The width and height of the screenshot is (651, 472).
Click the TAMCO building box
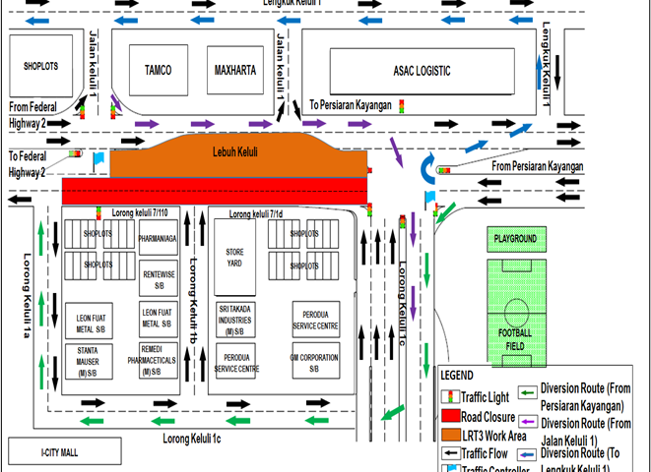click(158, 70)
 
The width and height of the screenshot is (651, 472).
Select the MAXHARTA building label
click(234, 70)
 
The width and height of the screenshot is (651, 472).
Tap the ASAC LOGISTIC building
click(422, 71)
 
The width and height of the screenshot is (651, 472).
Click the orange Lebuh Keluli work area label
click(237, 153)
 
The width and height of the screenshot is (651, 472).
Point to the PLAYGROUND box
click(515, 239)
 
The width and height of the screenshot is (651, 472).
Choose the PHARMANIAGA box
click(158, 239)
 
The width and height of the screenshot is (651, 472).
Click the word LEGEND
click(457, 376)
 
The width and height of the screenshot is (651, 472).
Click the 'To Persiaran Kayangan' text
click(351, 103)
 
